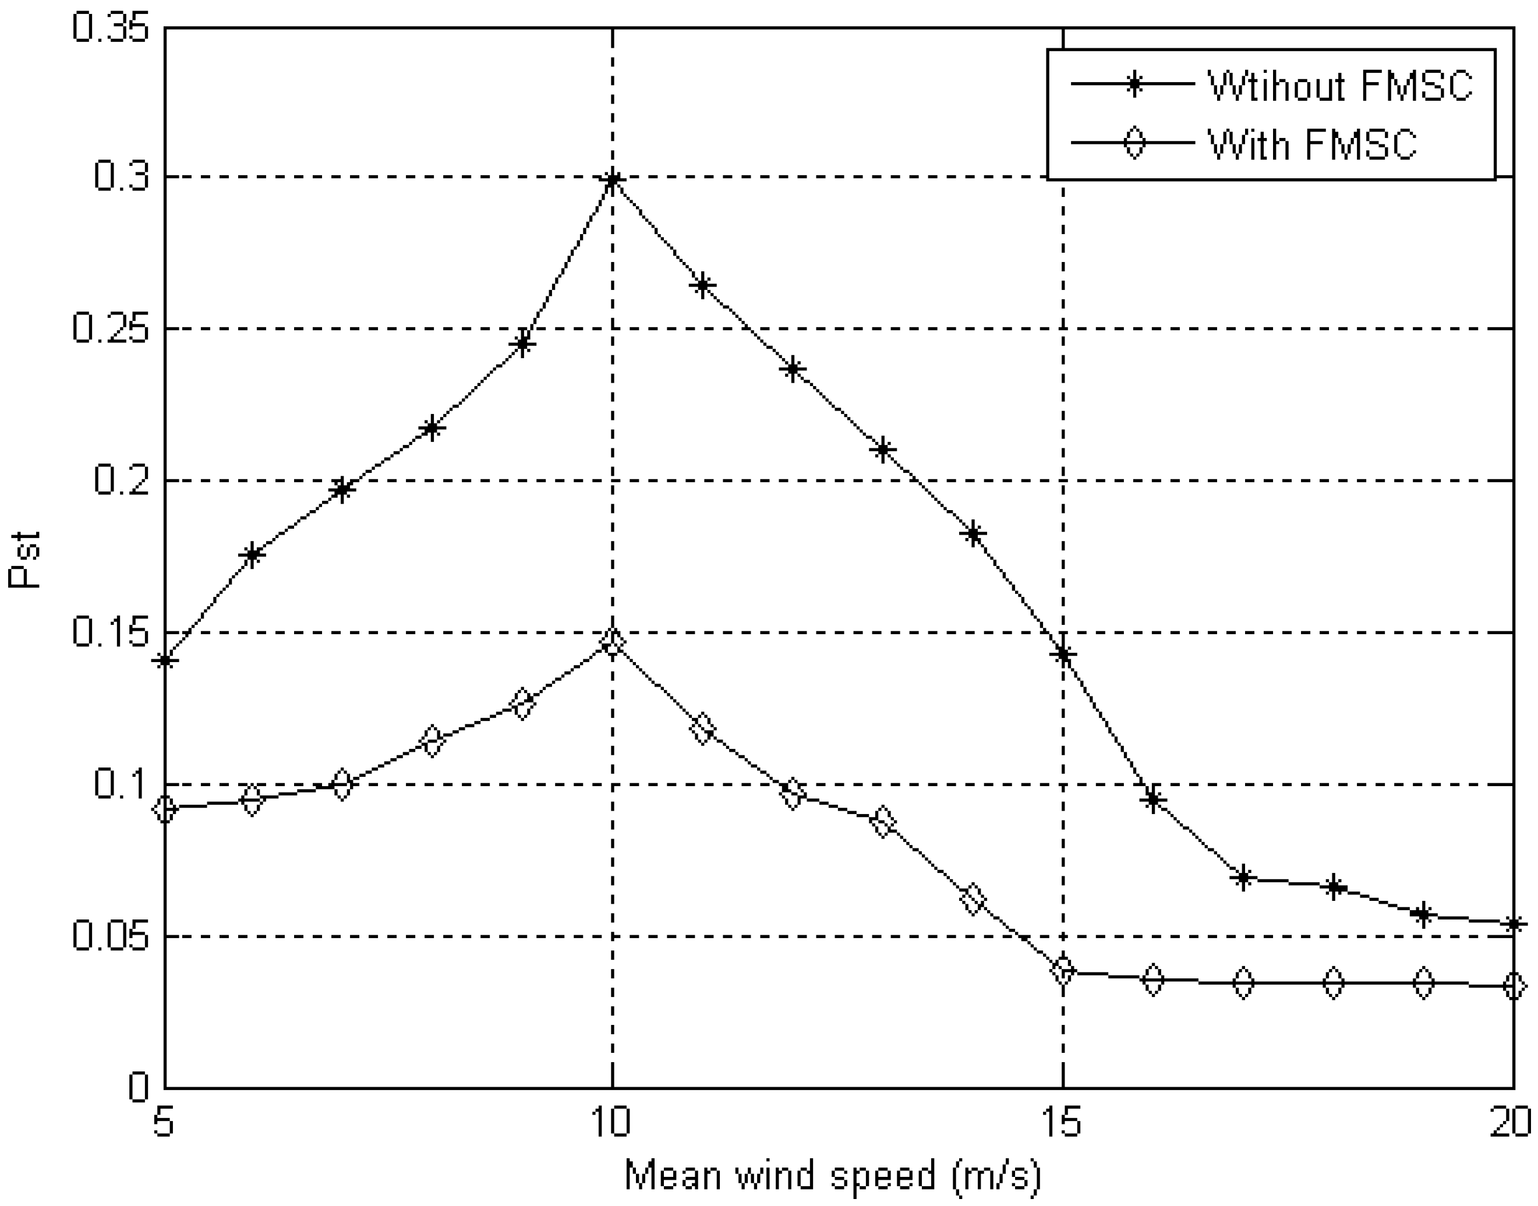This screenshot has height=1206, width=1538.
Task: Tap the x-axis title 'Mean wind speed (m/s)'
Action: click(833, 1176)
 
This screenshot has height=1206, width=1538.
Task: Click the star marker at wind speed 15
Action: click(1063, 655)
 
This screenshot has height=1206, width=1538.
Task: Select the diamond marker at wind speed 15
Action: click(1063, 971)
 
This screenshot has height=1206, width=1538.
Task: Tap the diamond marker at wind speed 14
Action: click(973, 900)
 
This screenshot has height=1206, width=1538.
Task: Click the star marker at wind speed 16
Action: click(1153, 800)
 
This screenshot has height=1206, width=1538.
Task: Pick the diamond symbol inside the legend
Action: click(1133, 144)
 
